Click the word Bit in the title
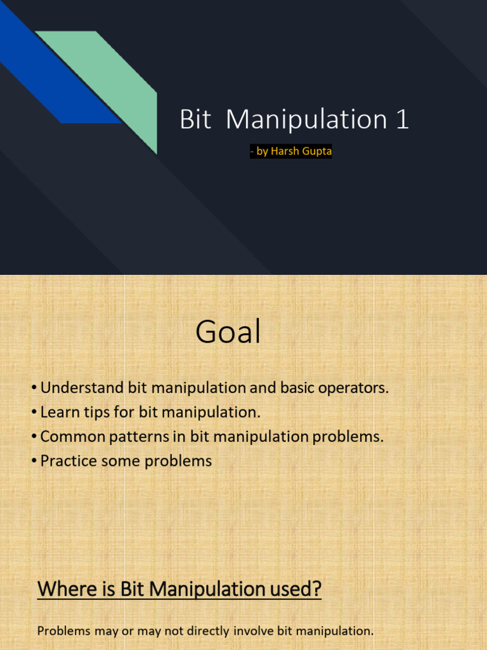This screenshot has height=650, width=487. tap(195, 119)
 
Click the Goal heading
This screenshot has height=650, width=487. tap(228, 331)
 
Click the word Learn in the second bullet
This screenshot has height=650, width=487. tap(60, 412)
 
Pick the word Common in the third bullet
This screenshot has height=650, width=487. tap(73, 437)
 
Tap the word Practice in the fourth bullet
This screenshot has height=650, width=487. tap(68, 461)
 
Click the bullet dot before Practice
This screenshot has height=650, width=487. tap(34, 461)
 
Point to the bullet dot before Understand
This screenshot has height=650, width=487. tap(34, 388)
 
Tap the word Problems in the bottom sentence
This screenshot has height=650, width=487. tap(64, 631)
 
